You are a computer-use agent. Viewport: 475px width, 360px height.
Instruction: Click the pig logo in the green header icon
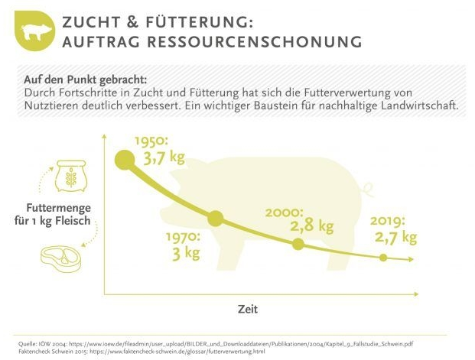click(x=35, y=31)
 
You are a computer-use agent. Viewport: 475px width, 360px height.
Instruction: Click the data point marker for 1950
click(x=123, y=160)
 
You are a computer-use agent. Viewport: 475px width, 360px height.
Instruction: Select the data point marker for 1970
click(x=216, y=219)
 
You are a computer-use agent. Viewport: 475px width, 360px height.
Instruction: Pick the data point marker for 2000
click(x=298, y=245)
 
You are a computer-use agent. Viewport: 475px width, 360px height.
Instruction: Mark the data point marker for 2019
click(x=383, y=258)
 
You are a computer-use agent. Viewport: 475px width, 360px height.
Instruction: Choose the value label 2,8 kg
click(x=311, y=226)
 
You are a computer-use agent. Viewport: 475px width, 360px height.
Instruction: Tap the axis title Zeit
click(x=247, y=309)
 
